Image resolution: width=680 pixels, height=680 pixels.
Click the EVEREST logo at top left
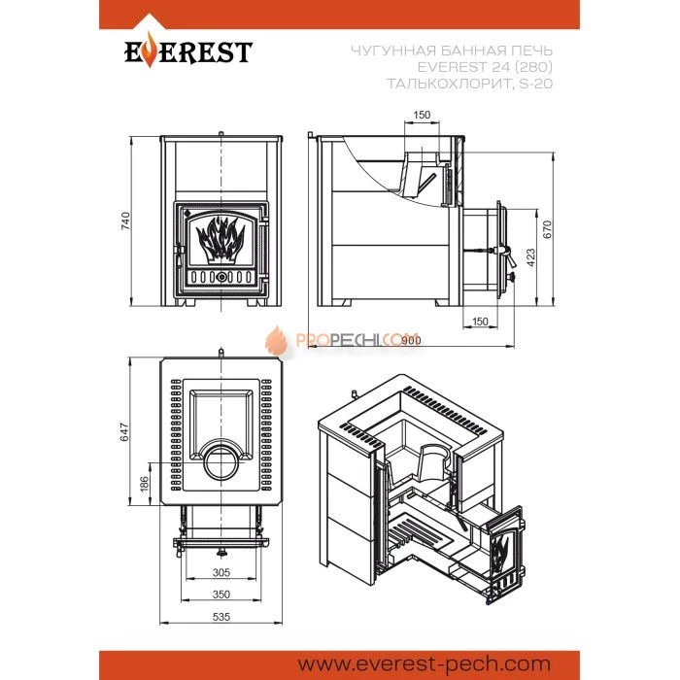188,51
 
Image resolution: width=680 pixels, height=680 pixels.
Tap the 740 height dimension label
125,221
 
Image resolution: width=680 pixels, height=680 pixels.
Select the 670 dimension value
547,229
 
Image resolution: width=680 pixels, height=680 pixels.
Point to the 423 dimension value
530,257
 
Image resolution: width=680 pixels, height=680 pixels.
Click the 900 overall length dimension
411,340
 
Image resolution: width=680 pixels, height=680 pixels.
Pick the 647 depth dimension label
124,431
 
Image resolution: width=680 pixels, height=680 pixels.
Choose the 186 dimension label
144,484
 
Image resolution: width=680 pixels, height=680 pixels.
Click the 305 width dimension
221,572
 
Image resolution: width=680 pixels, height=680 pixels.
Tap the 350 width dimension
221,595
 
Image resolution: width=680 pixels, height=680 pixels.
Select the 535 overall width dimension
221,616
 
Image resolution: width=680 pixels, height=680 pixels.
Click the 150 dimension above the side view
422,115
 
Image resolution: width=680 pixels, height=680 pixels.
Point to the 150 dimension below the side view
480,322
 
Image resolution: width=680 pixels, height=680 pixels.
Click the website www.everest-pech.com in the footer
425,663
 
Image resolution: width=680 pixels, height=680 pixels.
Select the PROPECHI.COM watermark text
357,340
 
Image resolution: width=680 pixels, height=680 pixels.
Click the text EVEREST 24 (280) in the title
485,67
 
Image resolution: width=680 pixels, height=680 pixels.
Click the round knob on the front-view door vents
221,277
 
